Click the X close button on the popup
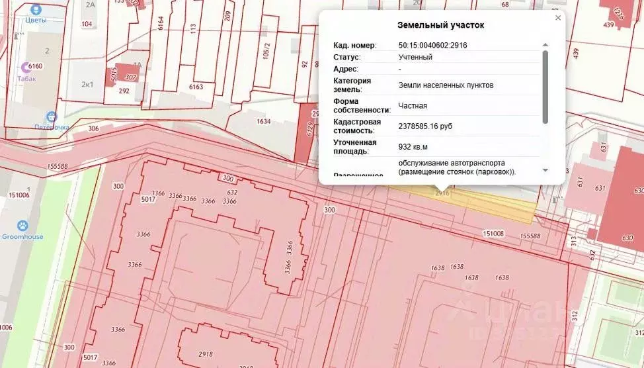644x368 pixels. [x=558, y=18]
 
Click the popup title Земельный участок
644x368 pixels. [x=440, y=25]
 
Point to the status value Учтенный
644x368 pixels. [x=415, y=57]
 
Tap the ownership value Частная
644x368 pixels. [x=413, y=105]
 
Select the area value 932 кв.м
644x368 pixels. [x=413, y=146]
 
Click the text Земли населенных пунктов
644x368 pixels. [x=446, y=85]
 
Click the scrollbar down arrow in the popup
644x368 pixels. [x=545, y=170]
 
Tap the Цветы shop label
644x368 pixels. [x=36, y=20]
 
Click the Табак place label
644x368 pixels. [x=26, y=78]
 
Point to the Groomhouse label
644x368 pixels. [x=22, y=236]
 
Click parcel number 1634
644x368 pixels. [x=264, y=121]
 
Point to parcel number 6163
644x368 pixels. [x=196, y=87]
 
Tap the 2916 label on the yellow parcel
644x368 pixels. [x=442, y=193]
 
